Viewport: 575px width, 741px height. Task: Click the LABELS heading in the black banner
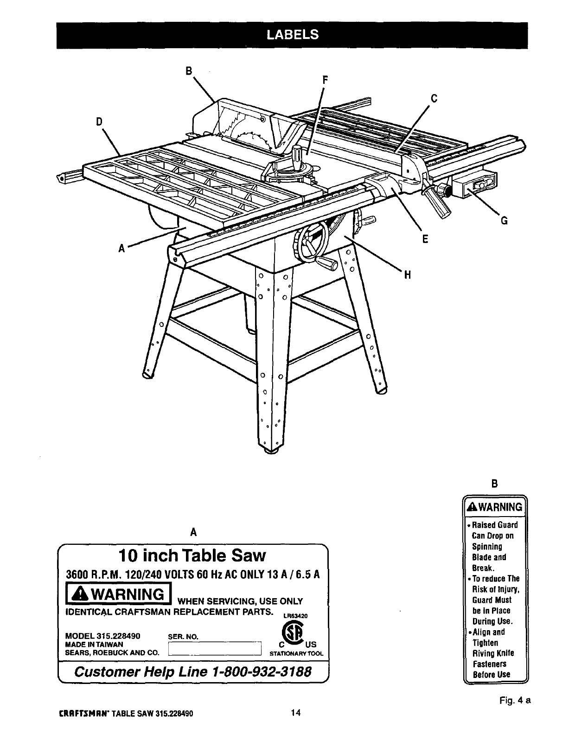point(292,35)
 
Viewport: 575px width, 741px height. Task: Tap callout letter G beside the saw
point(504,221)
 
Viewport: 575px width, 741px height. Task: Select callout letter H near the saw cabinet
point(408,275)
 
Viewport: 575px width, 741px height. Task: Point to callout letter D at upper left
point(98,121)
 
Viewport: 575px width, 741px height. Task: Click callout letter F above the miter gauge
point(325,80)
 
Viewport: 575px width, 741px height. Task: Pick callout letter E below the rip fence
point(425,239)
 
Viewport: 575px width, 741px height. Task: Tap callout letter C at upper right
point(434,98)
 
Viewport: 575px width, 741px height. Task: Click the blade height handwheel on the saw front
point(312,241)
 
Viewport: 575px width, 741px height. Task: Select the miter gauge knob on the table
point(298,152)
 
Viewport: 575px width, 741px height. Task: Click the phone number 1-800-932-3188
point(260,672)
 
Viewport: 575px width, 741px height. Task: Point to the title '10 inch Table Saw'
point(192,556)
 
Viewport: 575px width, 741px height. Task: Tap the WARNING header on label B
point(496,507)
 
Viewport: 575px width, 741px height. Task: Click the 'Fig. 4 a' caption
point(515,700)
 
